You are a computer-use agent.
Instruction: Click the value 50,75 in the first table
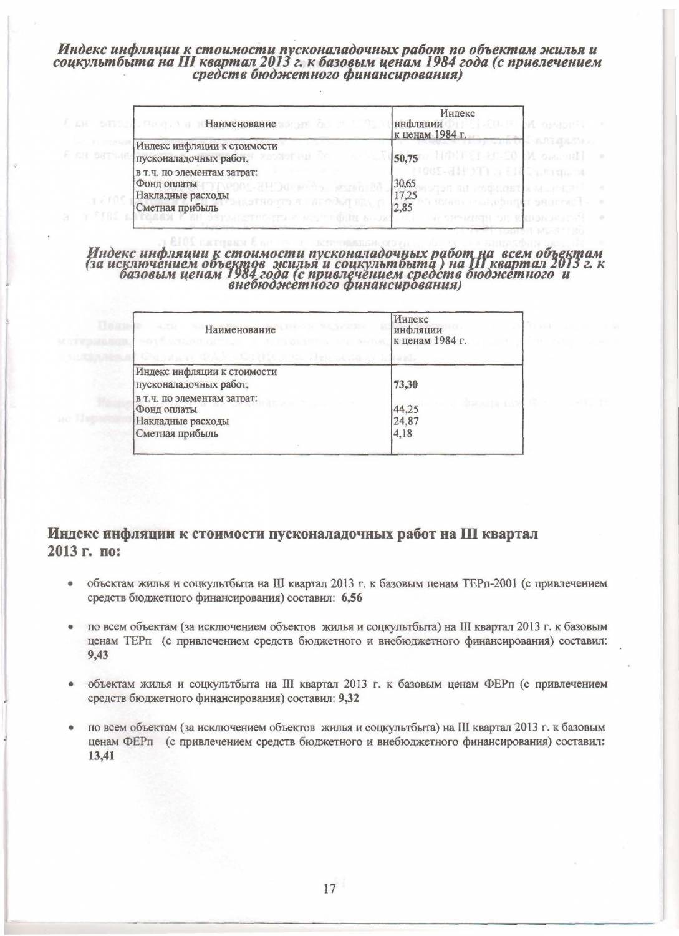(405, 158)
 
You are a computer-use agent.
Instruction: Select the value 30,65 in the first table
(403, 183)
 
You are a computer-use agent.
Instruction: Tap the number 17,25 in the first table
(403, 195)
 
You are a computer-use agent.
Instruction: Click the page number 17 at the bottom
(330, 889)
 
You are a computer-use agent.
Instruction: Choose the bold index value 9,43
(98, 654)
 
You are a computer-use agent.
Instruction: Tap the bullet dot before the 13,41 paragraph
(72, 728)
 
